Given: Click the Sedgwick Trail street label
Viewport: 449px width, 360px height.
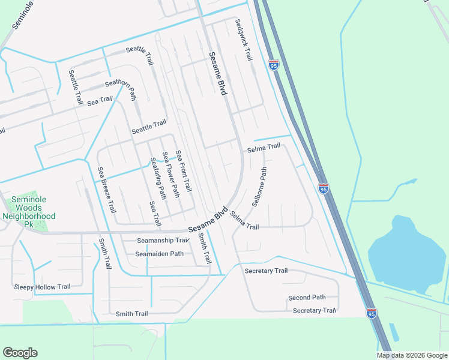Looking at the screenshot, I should point(243,39).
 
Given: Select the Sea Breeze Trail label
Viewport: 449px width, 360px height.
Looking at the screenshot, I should point(107,190).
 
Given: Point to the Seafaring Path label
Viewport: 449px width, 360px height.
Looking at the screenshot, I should point(157,178).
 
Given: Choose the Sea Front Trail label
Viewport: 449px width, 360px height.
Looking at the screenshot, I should point(184,170).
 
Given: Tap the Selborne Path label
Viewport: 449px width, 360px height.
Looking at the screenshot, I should point(259,187).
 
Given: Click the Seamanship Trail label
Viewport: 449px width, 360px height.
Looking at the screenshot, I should point(163,241).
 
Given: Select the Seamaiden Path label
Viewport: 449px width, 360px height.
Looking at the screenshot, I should point(159,254).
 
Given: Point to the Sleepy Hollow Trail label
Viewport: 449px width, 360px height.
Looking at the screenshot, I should point(42,287).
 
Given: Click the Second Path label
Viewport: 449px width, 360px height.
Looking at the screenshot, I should point(307,298).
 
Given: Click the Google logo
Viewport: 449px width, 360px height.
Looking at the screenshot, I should point(20,353).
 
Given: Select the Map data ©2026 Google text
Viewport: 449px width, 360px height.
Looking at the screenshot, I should point(411,355).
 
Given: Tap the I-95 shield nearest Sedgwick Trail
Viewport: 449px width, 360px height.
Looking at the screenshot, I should point(274,65).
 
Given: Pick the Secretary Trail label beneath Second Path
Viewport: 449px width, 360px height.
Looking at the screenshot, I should point(314,311).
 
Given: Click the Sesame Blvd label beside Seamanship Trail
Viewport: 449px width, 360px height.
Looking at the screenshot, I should point(208,221).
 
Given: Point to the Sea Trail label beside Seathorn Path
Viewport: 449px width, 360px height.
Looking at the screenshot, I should point(100,101).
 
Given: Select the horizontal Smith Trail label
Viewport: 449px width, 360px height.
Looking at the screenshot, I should point(132,314).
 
